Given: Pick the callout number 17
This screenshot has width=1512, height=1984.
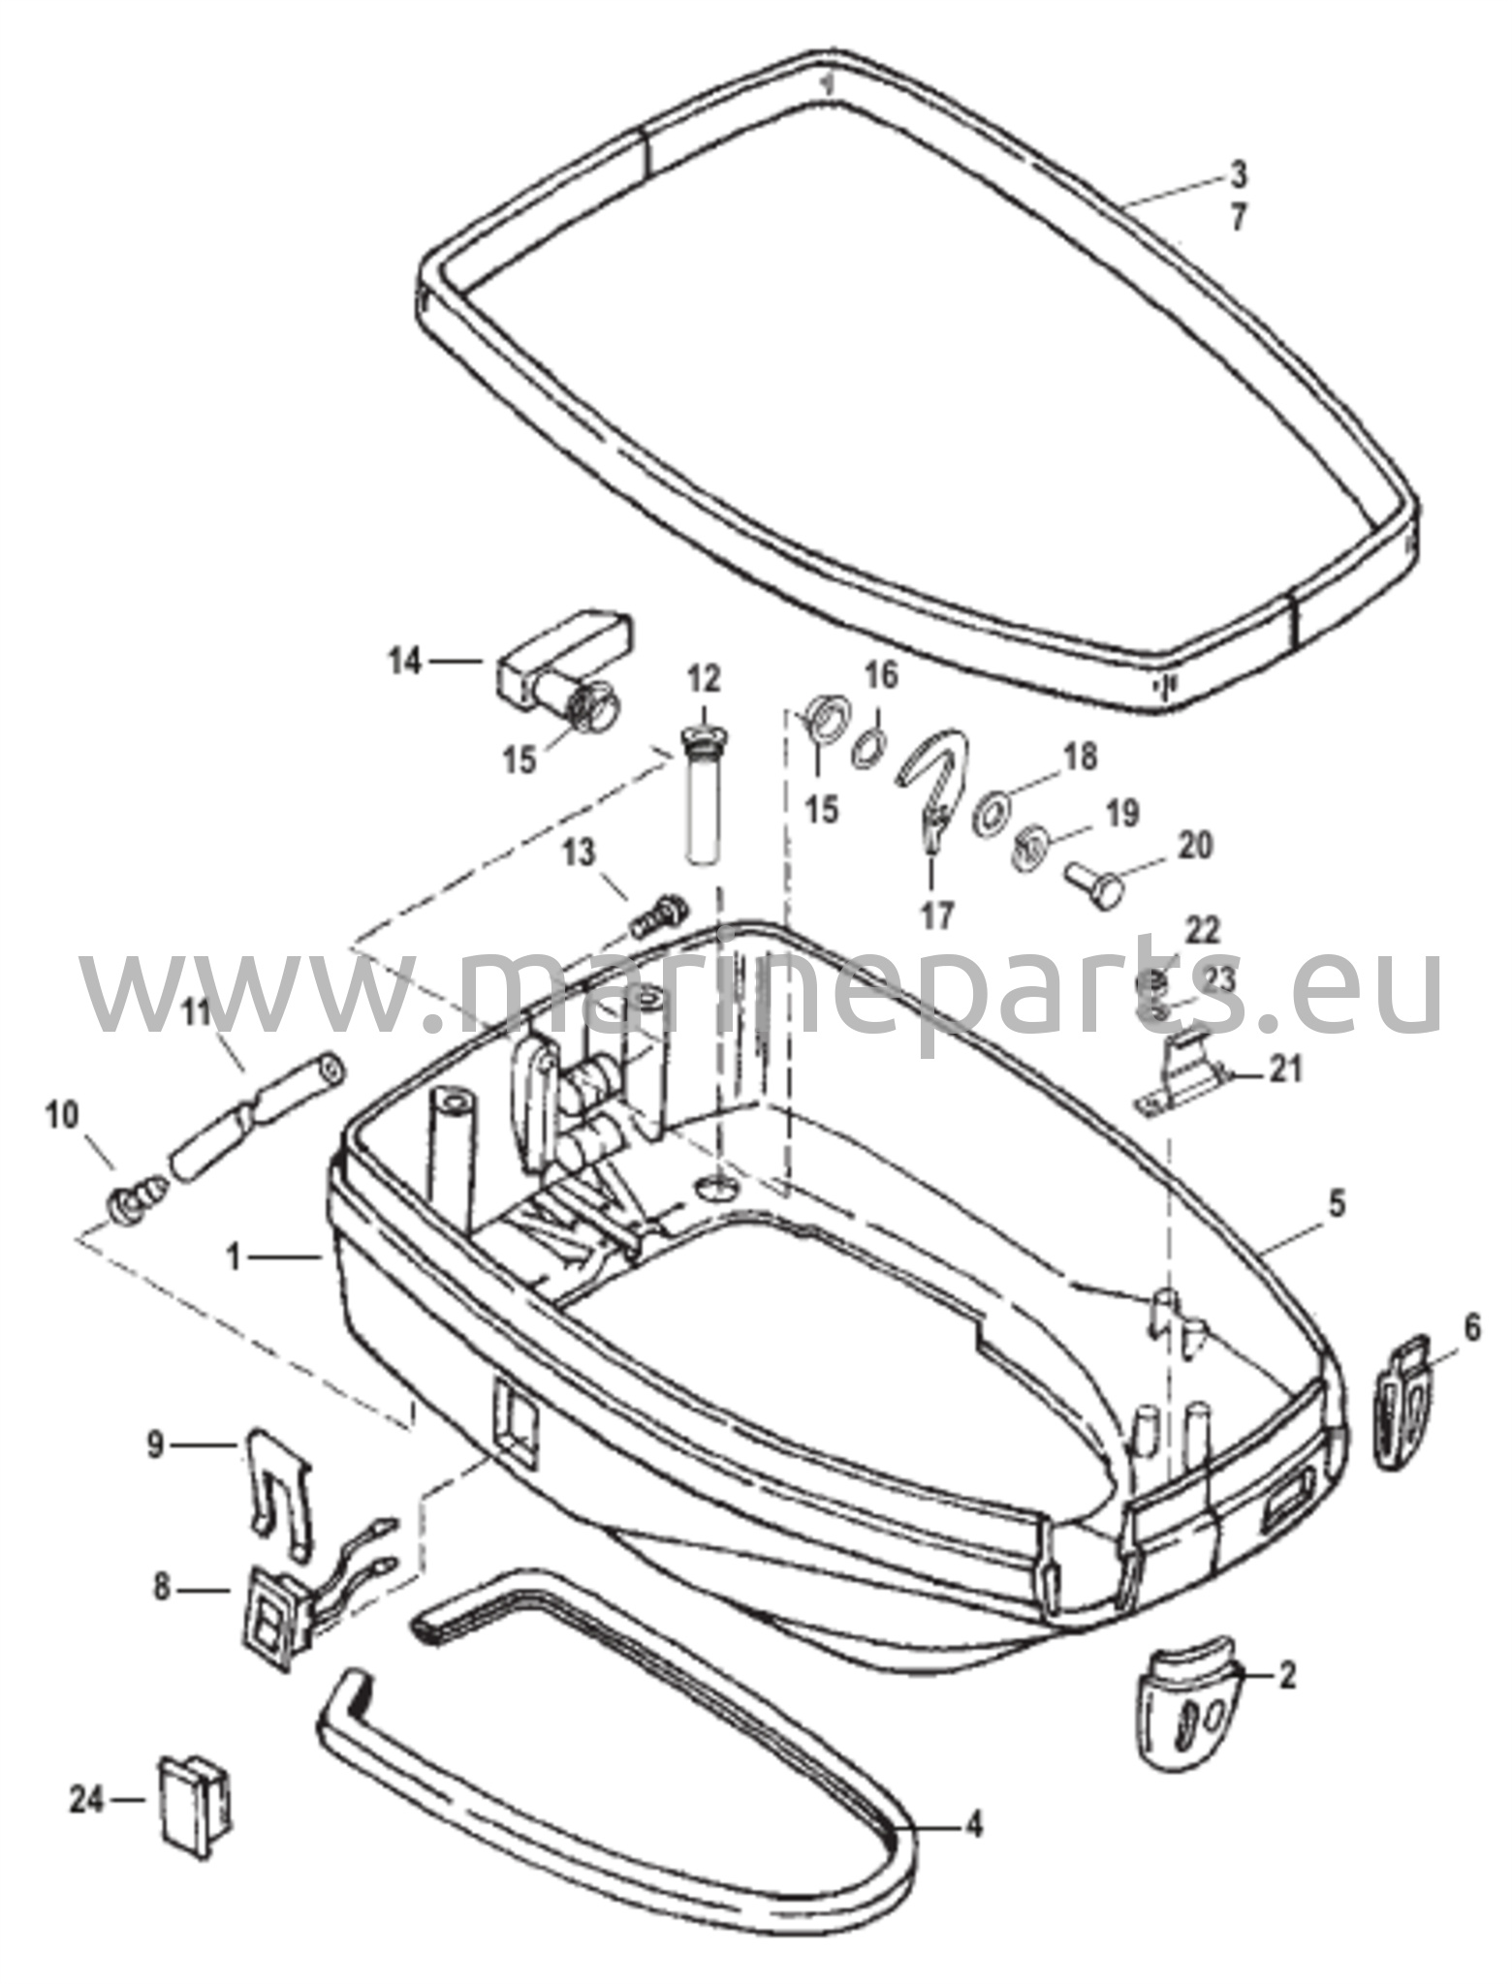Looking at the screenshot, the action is tap(937, 915).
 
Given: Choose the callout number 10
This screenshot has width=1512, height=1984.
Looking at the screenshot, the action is tap(62, 1117).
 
